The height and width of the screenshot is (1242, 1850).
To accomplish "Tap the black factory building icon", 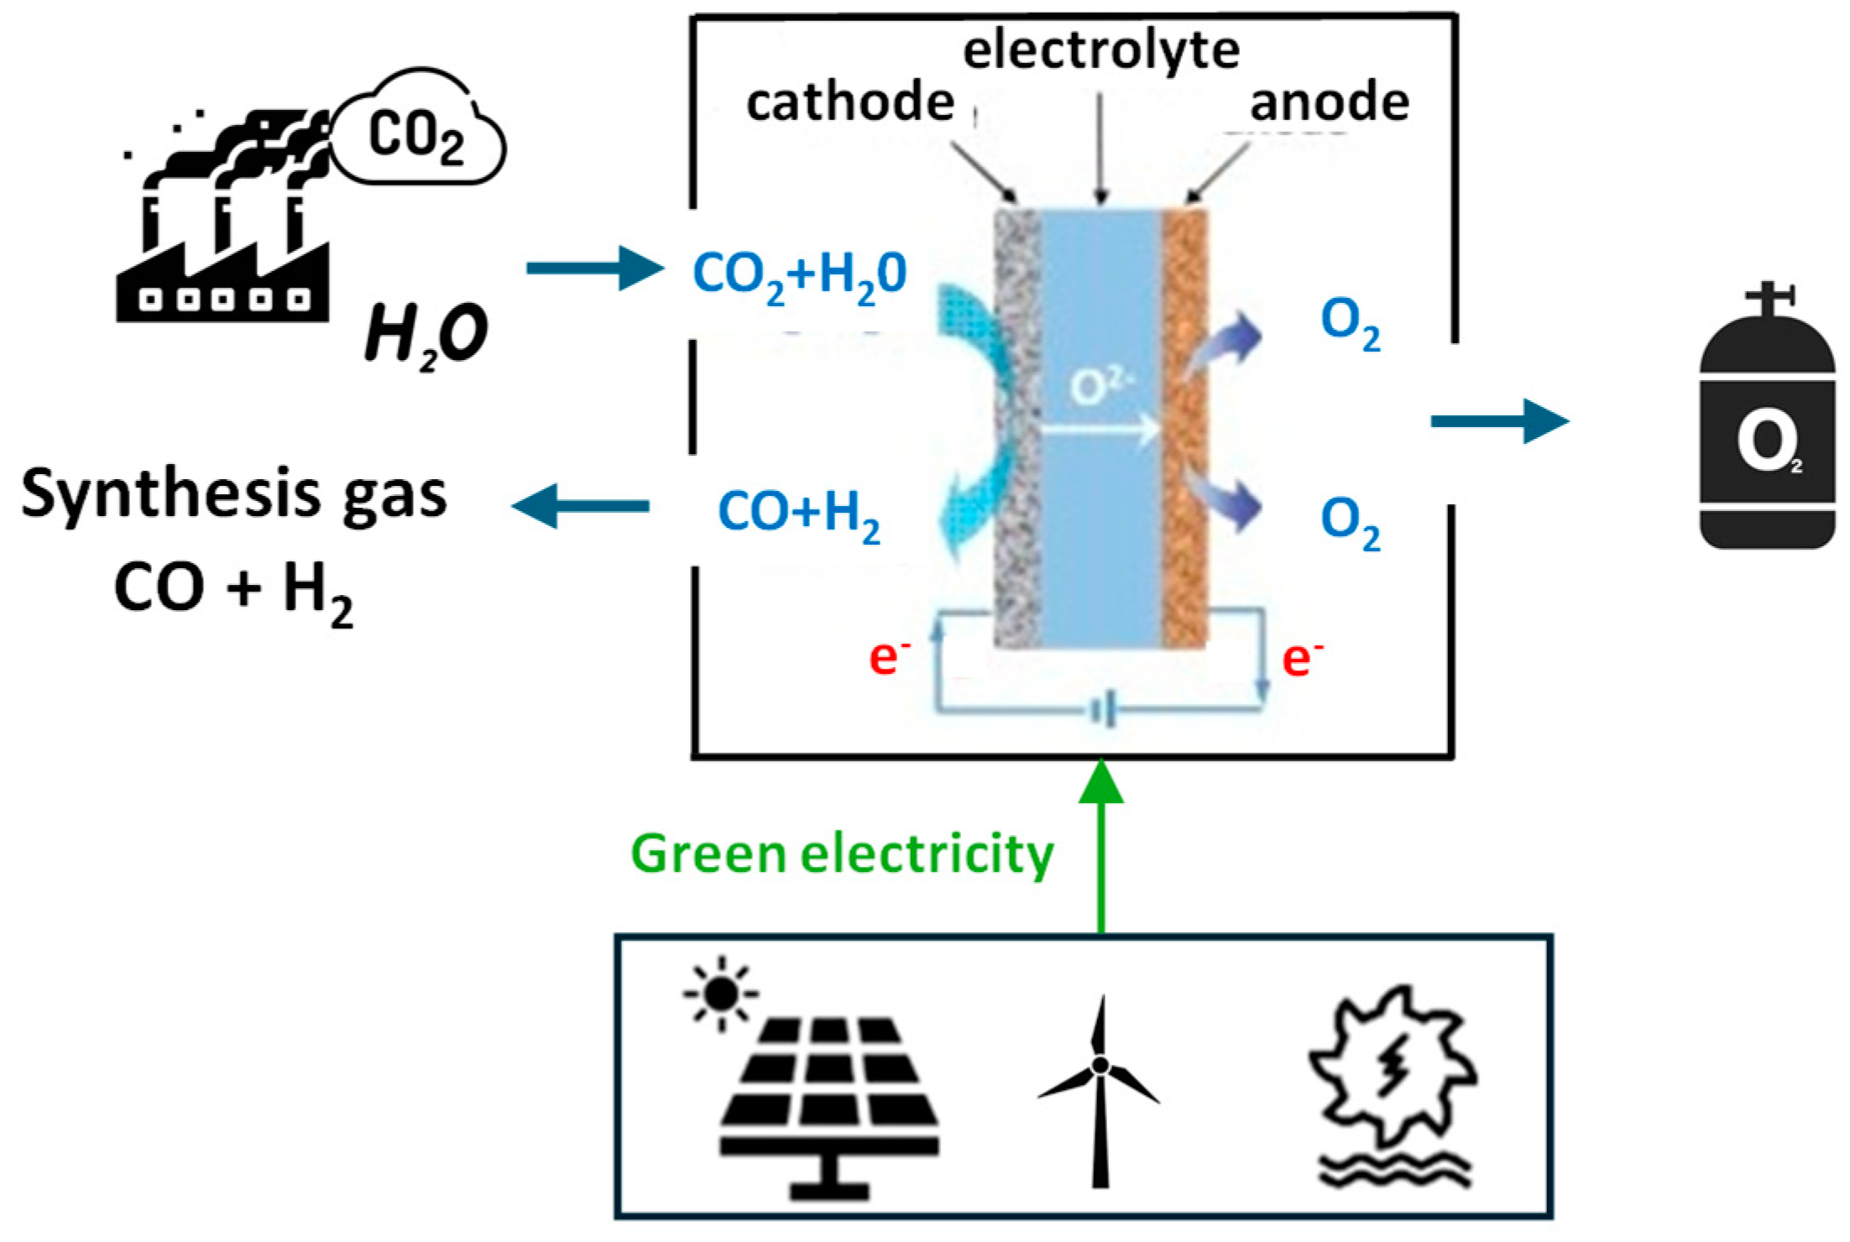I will coord(222,260).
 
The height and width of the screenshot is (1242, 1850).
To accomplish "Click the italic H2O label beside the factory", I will coord(426,334).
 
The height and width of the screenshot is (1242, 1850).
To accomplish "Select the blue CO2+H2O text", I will coord(799,275).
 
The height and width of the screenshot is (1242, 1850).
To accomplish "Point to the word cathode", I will coord(849,102).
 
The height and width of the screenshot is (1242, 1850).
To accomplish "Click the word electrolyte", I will coord(1100,50).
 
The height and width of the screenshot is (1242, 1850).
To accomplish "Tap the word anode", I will coord(1329,102).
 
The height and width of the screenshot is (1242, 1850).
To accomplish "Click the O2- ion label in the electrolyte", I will coord(1100,387).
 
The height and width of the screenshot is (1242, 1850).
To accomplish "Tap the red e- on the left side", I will coord(888,658).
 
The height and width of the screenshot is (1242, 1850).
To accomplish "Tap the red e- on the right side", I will coord(1301,658).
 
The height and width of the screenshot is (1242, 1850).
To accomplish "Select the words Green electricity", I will coord(842,855).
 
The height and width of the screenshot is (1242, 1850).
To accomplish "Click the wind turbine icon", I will coord(1099,1092).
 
